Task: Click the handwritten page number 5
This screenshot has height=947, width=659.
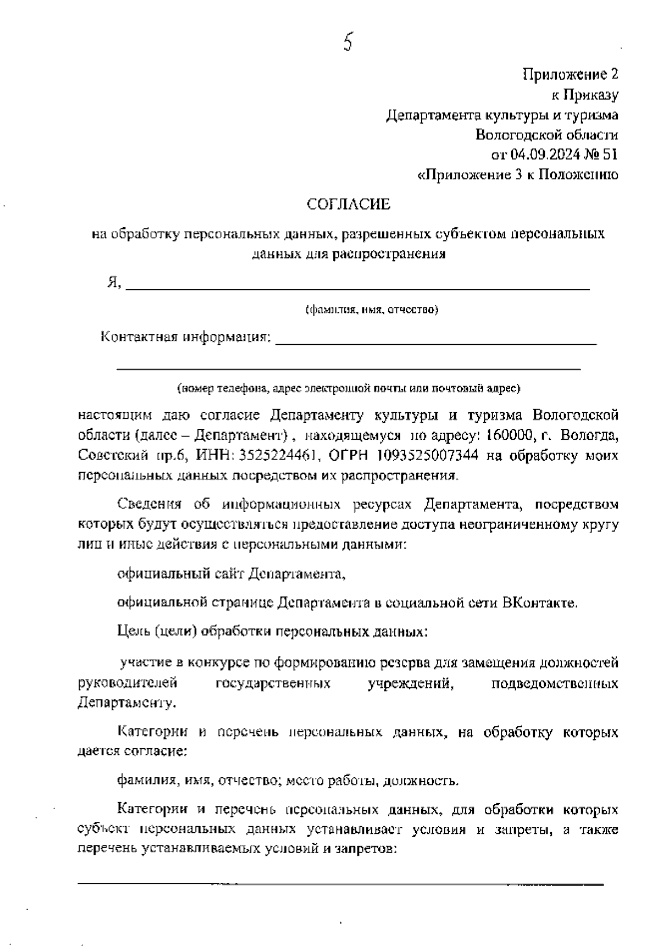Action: tap(347, 42)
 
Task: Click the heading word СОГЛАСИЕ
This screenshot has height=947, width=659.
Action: tap(348, 205)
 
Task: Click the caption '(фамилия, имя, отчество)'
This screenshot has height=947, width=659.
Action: tap(372, 310)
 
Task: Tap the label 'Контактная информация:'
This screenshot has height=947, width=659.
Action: tap(186, 336)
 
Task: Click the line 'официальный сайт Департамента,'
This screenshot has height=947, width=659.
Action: tap(232, 574)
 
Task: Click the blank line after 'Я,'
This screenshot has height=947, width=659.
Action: tap(357, 287)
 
